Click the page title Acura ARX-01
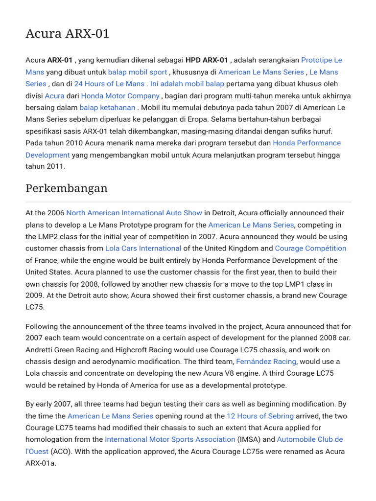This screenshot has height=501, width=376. [67, 34]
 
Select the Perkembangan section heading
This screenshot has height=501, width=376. [66, 188]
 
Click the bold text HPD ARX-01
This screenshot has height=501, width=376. [207, 60]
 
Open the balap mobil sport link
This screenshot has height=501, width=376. [137, 72]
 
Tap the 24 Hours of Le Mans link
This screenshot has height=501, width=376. [109, 84]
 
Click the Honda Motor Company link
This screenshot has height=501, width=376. [120, 96]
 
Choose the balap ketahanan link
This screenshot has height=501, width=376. [107, 108]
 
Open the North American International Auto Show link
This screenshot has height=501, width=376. [134, 213]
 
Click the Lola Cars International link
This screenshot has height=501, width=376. [143, 249]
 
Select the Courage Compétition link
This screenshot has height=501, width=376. [310, 249]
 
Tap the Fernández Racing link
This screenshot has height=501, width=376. [266, 362]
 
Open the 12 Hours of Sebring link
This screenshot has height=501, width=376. [260, 416]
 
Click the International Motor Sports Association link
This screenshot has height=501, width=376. [170, 439]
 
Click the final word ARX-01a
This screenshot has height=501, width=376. [41, 463]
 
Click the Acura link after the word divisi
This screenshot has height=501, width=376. [54, 96]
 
